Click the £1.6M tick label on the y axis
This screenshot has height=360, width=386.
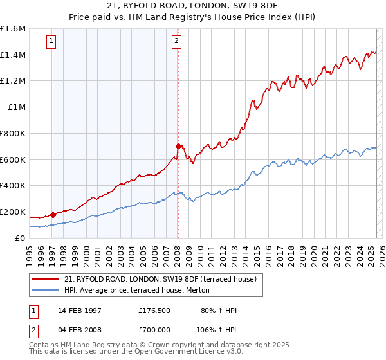[13, 29]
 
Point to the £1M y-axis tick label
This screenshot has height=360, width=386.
[17, 107]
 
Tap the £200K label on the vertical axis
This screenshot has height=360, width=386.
[13, 212]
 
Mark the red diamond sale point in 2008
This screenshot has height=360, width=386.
[178, 146]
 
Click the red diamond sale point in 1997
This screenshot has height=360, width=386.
[53, 215]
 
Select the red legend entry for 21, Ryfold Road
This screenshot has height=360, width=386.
[161, 279]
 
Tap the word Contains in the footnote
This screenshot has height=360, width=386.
[44, 346]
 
